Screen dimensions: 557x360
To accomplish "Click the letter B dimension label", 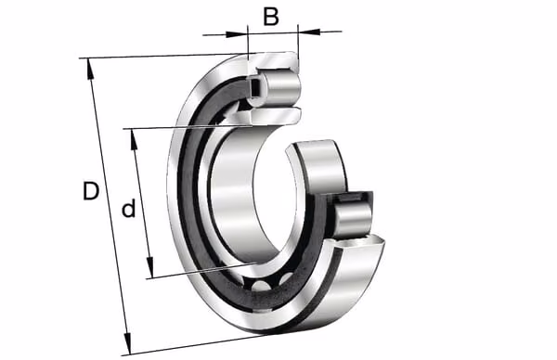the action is pyautogui.click(x=271, y=16).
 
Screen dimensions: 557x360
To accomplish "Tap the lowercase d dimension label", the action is pyautogui.click(x=129, y=208).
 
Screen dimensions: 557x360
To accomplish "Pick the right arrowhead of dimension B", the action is pyautogui.click(x=309, y=32).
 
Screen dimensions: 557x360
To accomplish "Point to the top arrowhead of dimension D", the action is pyautogui.click(x=90, y=69).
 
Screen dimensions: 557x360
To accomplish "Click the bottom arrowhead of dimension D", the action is pyautogui.click(x=127, y=343).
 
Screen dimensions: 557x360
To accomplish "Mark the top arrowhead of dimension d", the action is pyautogui.click(x=134, y=140).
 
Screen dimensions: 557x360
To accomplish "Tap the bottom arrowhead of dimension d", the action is pyautogui.click(x=150, y=267).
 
